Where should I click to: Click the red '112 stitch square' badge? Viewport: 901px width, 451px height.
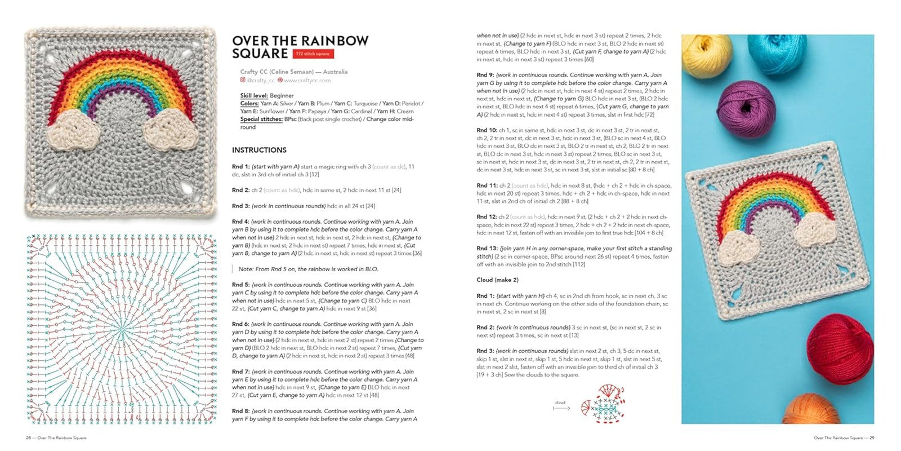point(313,54)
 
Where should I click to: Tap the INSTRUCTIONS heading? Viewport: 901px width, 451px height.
point(259,150)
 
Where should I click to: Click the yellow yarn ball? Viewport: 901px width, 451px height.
point(706,55)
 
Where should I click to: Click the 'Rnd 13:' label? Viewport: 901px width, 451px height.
point(487,249)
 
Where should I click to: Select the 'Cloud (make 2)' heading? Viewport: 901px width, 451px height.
point(497,280)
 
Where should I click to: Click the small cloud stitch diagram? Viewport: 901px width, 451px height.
point(604,404)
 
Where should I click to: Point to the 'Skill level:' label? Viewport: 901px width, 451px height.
point(254,96)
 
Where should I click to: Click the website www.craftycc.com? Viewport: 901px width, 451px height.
point(307,81)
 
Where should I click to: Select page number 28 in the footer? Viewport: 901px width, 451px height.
point(28,438)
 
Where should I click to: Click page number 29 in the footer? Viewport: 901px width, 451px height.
point(871,438)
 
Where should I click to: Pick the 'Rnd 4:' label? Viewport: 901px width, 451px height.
point(240,222)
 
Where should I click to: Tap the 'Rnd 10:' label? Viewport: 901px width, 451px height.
point(487,130)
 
